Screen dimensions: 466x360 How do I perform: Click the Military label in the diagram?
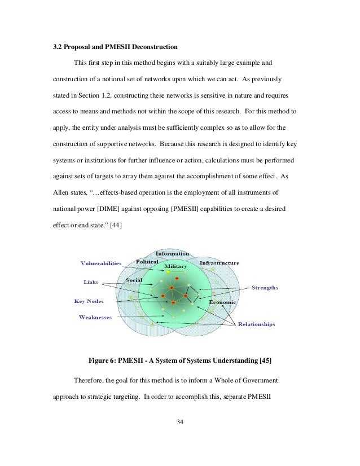click(175, 265)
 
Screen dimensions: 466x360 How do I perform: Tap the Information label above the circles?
click(172, 253)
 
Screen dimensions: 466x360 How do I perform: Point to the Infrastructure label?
click(219, 263)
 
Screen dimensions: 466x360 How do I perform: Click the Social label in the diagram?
click(134, 280)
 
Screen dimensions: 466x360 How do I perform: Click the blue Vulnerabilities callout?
click(101, 263)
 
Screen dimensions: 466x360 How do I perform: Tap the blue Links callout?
click(91, 282)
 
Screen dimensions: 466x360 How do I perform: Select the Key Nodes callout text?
click(90, 301)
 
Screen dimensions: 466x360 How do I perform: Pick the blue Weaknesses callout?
click(95, 317)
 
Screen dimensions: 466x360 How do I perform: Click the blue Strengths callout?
click(264, 288)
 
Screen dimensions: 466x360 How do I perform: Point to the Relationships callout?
click(257, 324)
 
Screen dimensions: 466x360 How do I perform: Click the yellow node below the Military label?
click(168, 272)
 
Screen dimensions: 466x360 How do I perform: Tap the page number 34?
click(180, 423)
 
